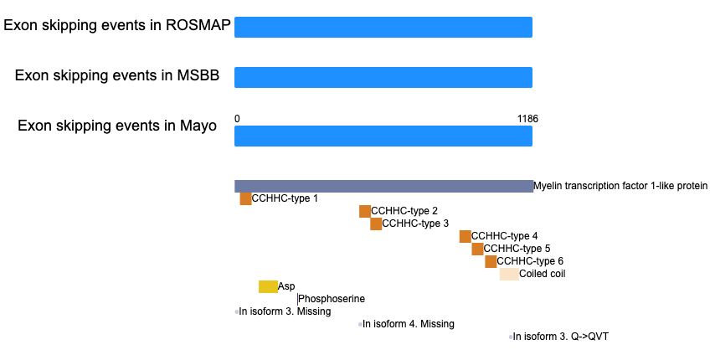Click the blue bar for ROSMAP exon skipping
[x=383, y=27]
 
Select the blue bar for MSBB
[x=383, y=77]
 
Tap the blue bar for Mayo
[x=383, y=136]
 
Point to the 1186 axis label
[x=527, y=119]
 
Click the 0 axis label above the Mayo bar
[x=237, y=119]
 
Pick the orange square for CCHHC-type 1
[x=246, y=198]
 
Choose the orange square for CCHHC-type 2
[x=365, y=212]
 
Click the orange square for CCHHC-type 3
[x=376, y=224]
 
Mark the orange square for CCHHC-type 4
[x=466, y=236]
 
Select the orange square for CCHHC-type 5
[x=477, y=249]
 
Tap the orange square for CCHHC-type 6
[x=491, y=261]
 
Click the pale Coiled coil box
[x=509, y=274]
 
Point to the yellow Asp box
[x=268, y=286]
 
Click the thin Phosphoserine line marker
[x=297, y=299]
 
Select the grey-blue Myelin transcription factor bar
[x=384, y=186]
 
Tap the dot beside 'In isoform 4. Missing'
[x=360, y=325]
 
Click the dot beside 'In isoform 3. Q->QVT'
[x=511, y=337]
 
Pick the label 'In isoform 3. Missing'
[x=285, y=311]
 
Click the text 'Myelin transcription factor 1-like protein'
[x=620, y=186]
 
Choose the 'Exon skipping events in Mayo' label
[x=117, y=126]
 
